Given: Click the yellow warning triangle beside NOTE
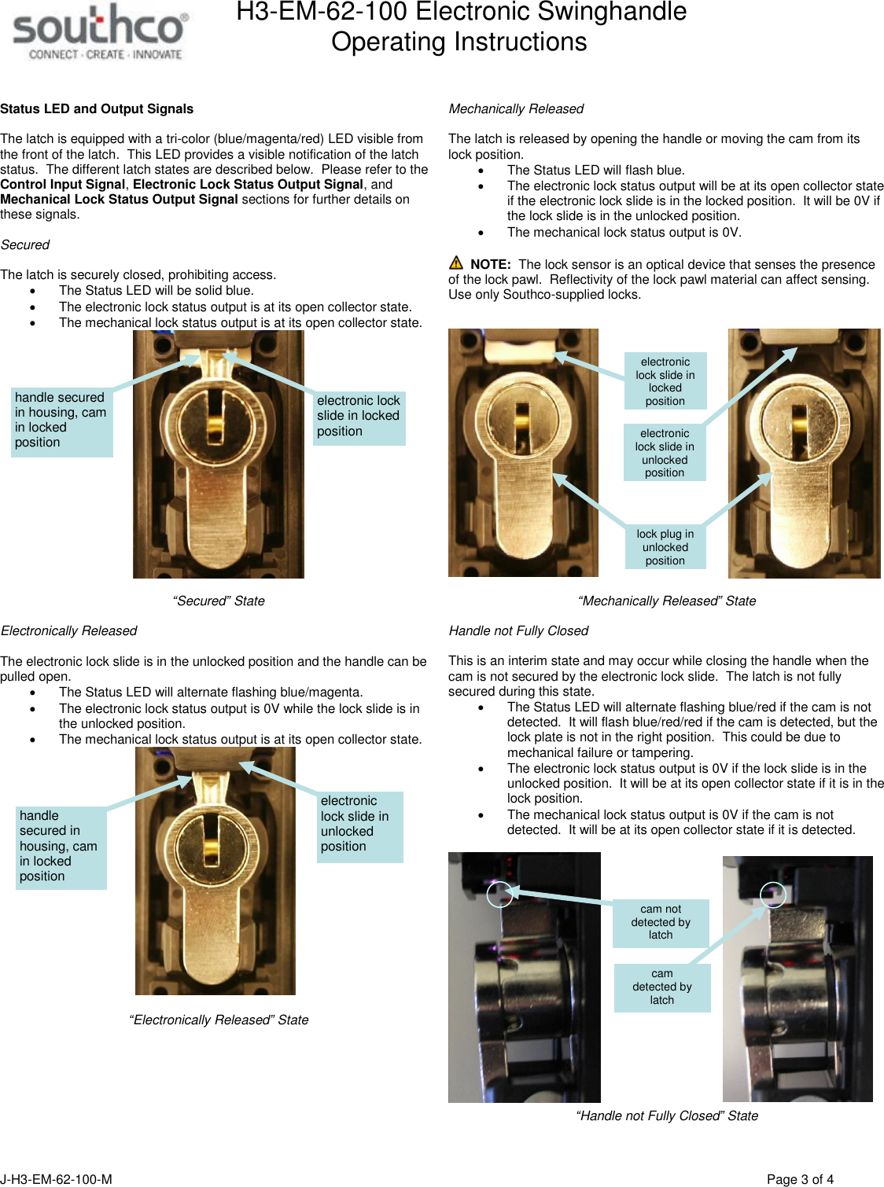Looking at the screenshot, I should pyautogui.click(x=456, y=263).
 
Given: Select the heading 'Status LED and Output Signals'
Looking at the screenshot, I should pyautogui.click(x=97, y=109).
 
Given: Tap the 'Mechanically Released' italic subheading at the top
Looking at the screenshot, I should pyautogui.click(x=516, y=109).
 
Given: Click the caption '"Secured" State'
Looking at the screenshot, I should pyautogui.click(x=219, y=601).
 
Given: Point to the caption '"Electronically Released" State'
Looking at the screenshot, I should pyautogui.click(x=219, y=1020).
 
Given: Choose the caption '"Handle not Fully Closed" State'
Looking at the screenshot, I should pyautogui.click(x=667, y=1116).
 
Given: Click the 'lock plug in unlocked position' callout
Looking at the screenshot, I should pyautogui.click(x=665, y=547).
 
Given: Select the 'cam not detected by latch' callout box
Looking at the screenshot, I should pyautogui.click(x=661, y=922).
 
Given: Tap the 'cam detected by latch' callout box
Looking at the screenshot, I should pyautogui.click(x=662, y=987).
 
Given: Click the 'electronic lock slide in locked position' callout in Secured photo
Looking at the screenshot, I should pyautogui.click(x=359, y=417).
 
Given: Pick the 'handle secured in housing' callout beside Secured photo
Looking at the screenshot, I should pyautogui.click(x=61, y=421).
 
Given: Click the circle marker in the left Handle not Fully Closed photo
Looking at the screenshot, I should pyautogui.click(x=499, y=895).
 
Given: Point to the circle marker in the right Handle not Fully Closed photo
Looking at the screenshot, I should pyautogui.click(x=773, y=895).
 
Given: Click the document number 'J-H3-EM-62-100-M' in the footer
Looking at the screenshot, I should pyautogui.click(x=57, y=1179).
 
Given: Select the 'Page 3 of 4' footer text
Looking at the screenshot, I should pyautogui.click(x=800, y=1179).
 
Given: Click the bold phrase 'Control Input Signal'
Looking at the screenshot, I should pyautogui.click(x=63, y=185).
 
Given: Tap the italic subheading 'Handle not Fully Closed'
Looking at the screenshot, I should pyautogui.click(x=518, y=631).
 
